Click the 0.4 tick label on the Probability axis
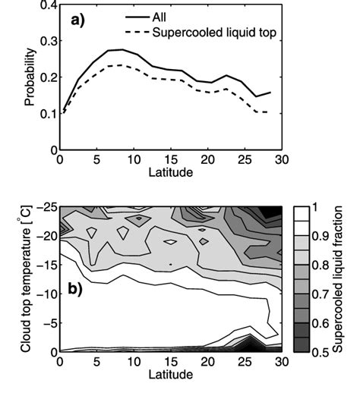[x=46, y=6]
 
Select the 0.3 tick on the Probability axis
[x=46, y=42]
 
